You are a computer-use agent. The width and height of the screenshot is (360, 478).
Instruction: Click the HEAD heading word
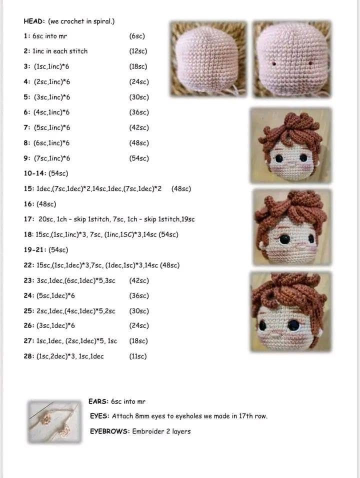click(33, 21)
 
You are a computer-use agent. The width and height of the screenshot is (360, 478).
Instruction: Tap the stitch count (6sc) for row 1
click(137, 36)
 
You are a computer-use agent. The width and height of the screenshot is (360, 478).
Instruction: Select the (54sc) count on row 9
click(139, 158)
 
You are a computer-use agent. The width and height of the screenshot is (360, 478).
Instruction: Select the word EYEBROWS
click(109, 431)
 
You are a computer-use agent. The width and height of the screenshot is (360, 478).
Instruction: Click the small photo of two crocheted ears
click(54, 421)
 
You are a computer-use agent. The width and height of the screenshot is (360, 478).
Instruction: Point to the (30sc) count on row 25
click(139, 311)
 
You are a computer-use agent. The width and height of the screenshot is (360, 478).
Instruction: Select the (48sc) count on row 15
click(181, 188)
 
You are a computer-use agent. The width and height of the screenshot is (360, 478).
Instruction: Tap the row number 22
click(28, 265)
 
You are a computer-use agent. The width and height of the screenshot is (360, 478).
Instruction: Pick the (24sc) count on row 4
click(139, 82)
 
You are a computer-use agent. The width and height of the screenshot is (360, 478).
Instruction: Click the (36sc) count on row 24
click(139, 295)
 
